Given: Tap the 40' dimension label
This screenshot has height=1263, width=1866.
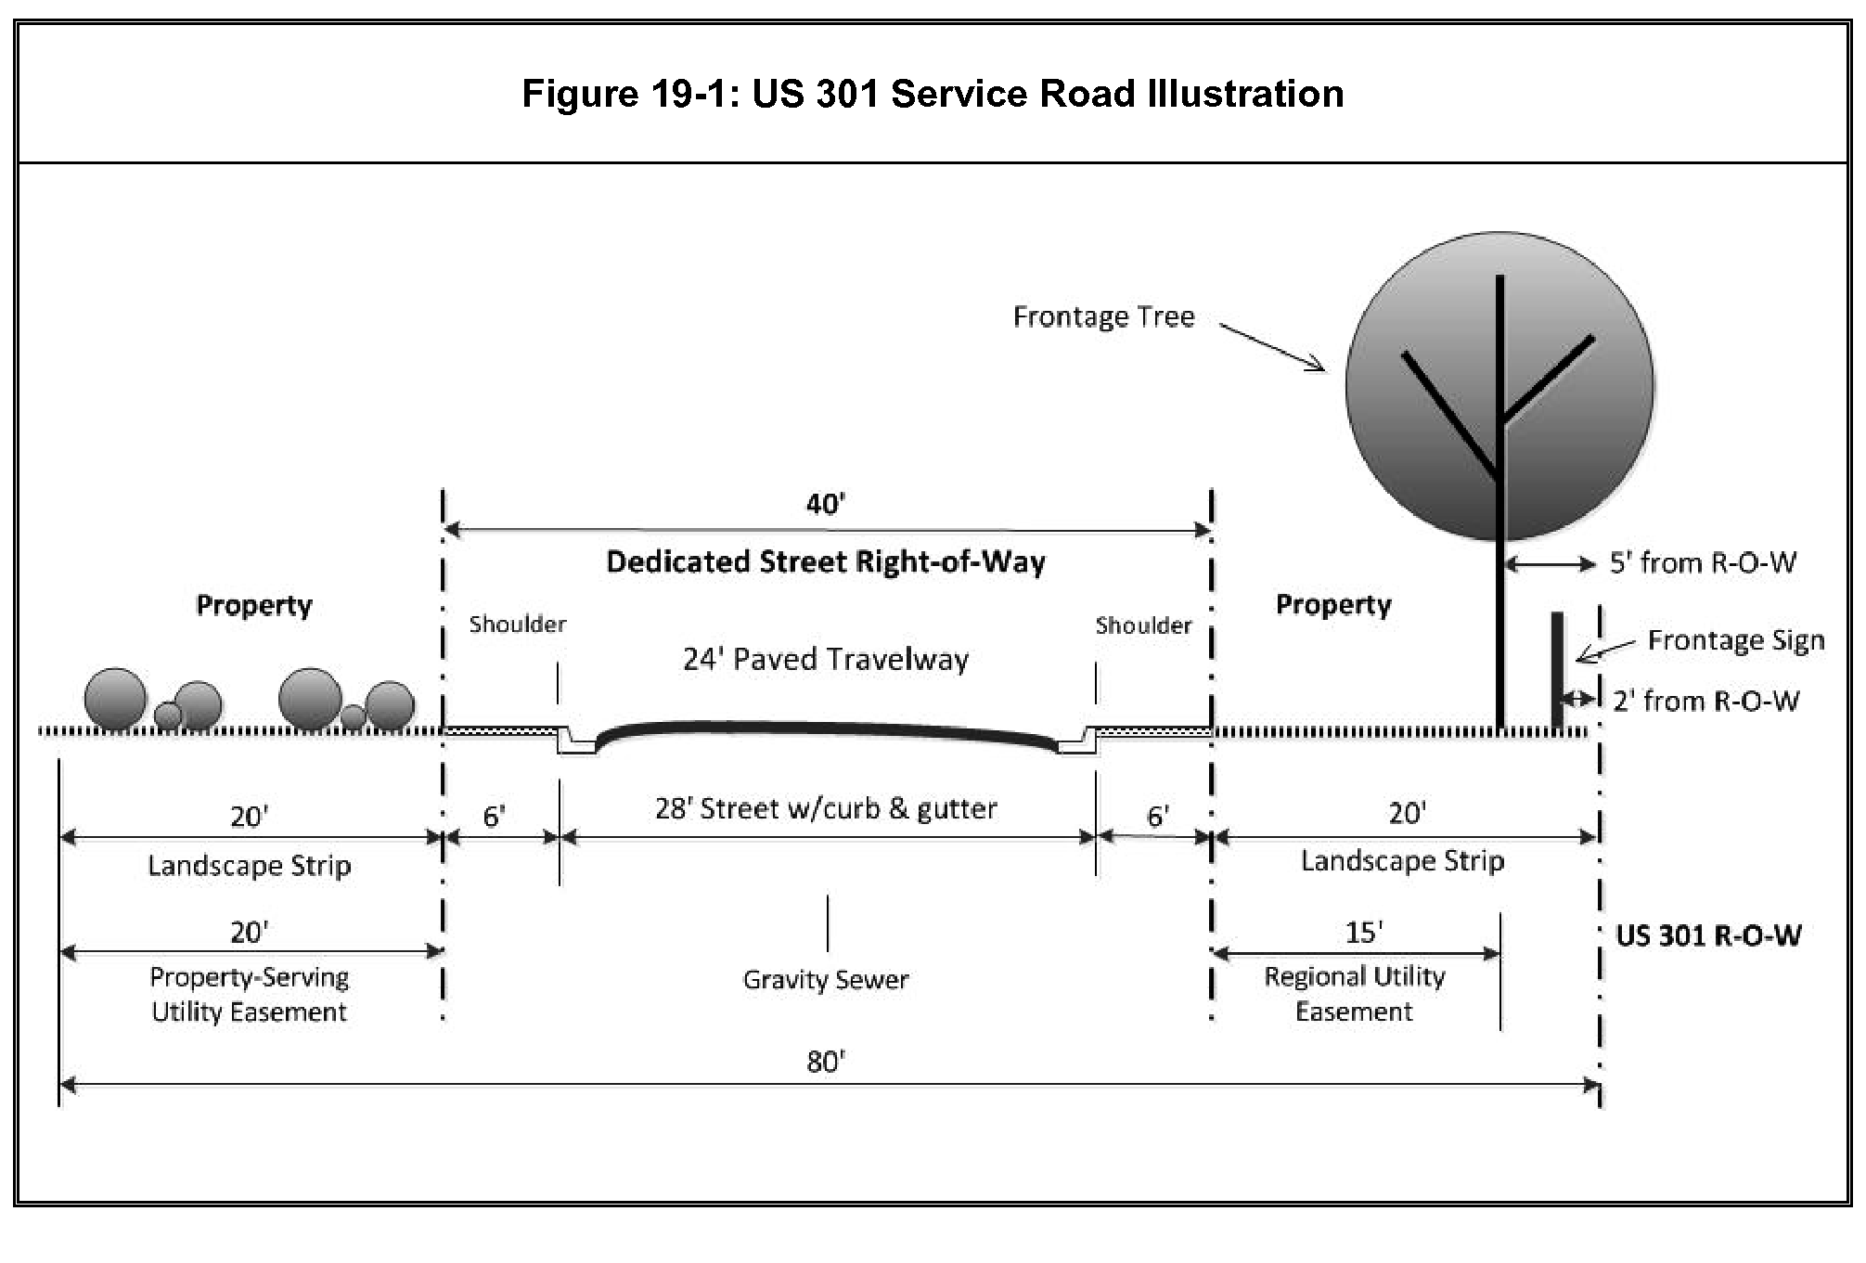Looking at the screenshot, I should tap(825, 504).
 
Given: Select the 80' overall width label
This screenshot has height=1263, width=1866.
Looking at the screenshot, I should tap(825, 1061).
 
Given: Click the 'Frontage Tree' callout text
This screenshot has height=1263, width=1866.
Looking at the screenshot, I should tap(1103, 317).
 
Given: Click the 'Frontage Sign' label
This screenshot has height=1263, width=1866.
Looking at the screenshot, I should tap(1735, 640).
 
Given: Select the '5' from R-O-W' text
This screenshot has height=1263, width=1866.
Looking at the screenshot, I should tap(1703, 562).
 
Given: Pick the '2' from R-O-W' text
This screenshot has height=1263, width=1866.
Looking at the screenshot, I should tap(1705, 701).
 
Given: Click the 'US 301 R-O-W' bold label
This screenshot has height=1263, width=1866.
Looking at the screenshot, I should tap(1708, 935).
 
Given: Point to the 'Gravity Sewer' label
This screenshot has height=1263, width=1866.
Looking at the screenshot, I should tap(826, 980).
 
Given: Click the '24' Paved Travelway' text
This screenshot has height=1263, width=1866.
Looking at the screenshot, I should tap(826, 659).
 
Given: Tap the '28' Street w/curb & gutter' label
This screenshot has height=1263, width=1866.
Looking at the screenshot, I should tap(826, 808).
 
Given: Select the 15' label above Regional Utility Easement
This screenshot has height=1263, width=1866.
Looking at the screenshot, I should tap(1364, 932).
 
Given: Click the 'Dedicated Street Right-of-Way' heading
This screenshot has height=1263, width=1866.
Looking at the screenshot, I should tap(826, 562).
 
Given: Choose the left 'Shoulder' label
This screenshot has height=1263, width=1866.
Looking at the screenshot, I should tap(517, 625).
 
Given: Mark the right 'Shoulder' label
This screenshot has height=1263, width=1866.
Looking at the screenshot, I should tap(1143, 625).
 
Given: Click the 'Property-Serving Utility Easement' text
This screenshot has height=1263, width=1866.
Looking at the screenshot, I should tap(250, 994).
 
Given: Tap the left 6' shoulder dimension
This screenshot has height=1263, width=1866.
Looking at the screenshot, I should tap(494, 817).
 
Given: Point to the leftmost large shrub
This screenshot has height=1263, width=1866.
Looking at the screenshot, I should tap(115, 698).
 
